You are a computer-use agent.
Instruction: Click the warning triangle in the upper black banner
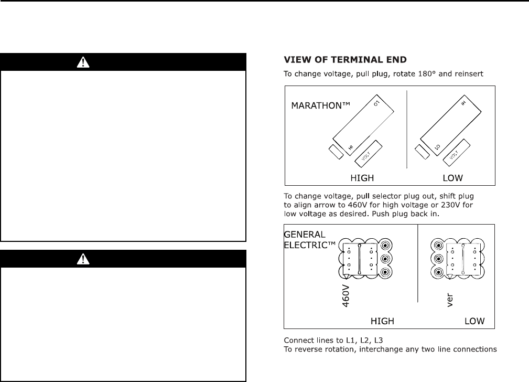click(x=82, y=62)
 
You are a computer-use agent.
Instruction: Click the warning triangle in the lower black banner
click(x=82, y=259)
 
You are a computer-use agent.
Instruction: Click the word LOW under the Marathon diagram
click(x=452, y=178)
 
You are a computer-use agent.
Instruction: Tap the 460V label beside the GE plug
click(x=346, y=295)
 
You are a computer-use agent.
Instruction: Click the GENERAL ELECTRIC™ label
click(x=308, y=239)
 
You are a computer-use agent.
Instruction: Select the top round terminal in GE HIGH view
click(x=386, y=245)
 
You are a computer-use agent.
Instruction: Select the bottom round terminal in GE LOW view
click(x=437, y=272)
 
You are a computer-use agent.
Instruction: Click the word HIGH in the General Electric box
click(x=382, y=321)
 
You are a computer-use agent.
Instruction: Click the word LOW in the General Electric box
click(x=474, y=321)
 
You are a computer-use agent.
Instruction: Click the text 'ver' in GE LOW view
click(x=449, y=298)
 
